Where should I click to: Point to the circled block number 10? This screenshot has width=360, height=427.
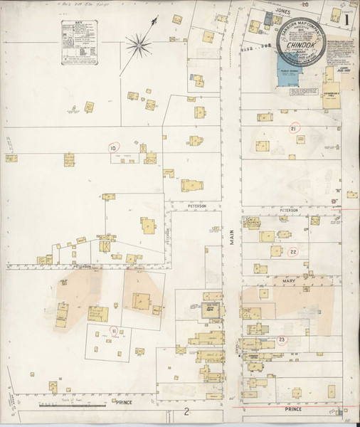click(112, 148)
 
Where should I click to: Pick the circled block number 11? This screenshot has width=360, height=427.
click(113, 331)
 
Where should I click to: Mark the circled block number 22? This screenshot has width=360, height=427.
click(293, 252)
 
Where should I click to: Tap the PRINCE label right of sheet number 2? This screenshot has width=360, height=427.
click(292, 409)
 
